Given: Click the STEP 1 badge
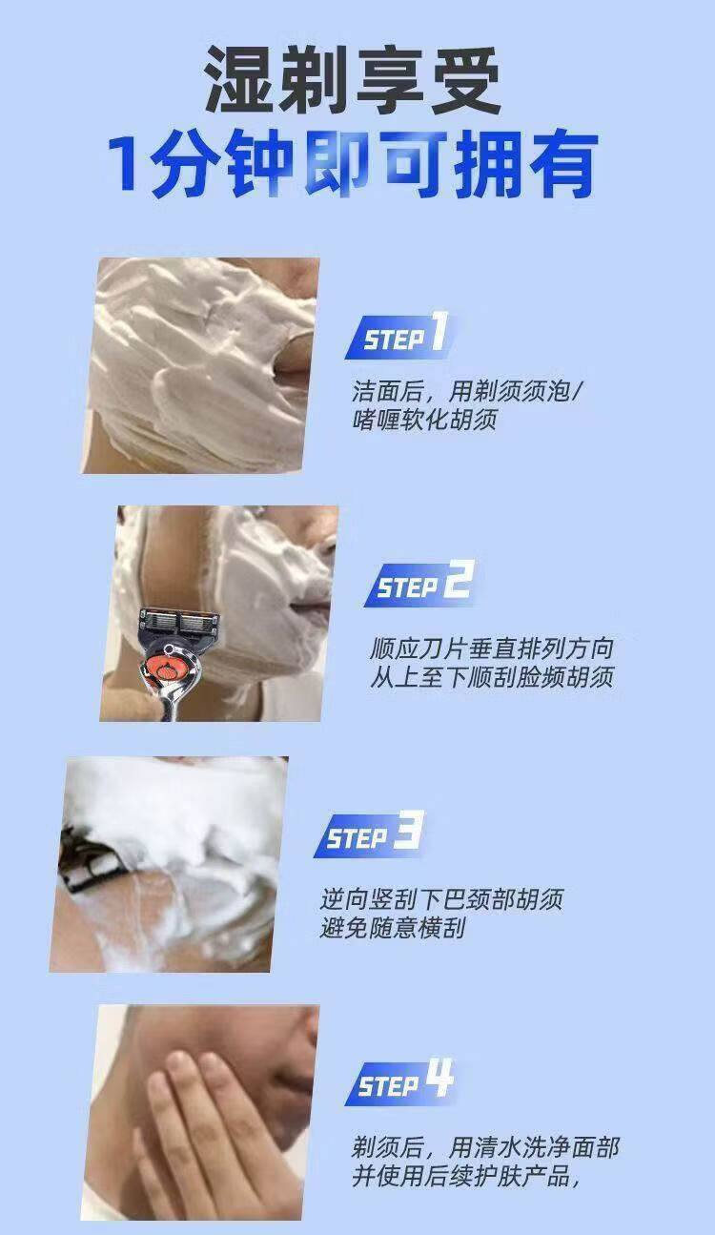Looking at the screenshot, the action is [x=398, y=336].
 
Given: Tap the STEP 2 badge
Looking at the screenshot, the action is [x=419, y=584].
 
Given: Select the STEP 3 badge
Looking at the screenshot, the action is [x=369, y=834].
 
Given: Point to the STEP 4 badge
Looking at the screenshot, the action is [x=399, y=1081].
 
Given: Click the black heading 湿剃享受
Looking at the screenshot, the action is [x=353, y=80].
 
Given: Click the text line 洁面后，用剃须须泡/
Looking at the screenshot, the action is [x=466, y=392].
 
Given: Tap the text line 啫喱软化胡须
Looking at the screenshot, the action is [x=425, y=420].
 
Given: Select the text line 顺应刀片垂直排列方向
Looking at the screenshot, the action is [x=492, y=648].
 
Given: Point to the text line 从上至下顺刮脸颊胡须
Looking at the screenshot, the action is [x=492, y=676].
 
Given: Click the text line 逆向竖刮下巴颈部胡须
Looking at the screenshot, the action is [x=441, y=898].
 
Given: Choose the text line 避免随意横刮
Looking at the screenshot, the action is [x=393, y=927].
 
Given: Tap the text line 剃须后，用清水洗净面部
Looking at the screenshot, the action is [x=485, y=1147].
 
